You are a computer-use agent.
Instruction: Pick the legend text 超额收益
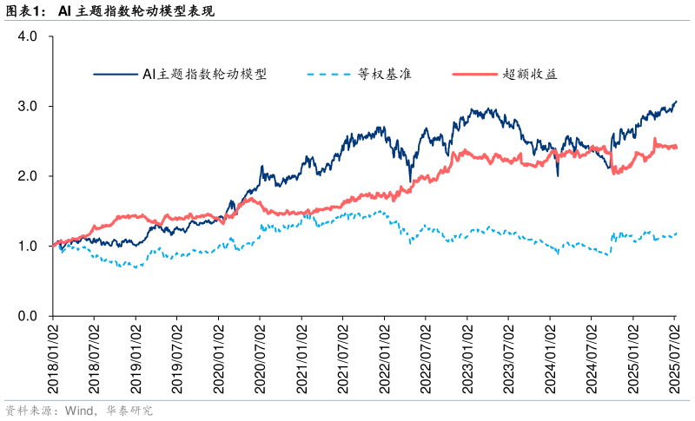click(x=529, y=75)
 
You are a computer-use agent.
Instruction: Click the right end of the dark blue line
click(x=676, y=102)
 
